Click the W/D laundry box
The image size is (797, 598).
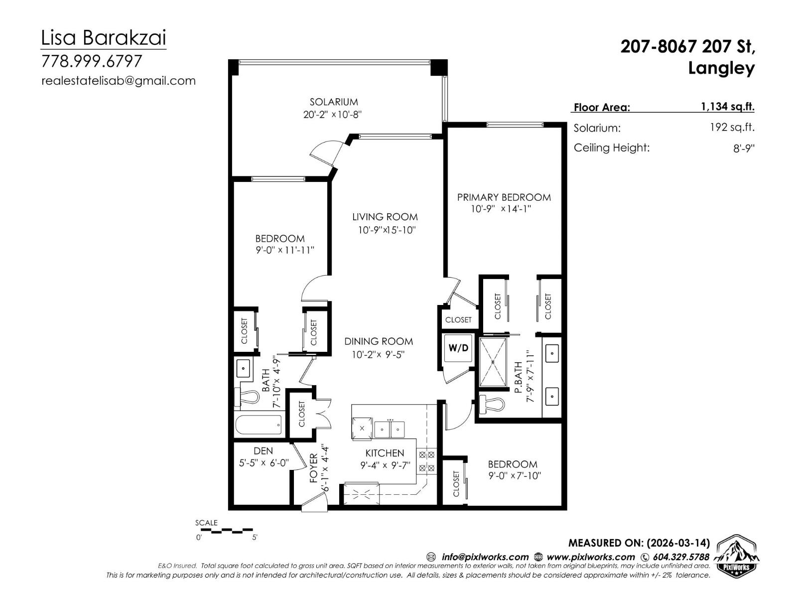458,348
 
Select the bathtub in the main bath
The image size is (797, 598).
259,425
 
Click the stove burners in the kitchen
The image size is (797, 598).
426,461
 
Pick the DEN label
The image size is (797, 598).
263,450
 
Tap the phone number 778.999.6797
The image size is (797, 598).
92,61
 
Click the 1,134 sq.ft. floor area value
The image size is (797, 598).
727,106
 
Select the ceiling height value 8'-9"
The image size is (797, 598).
744,148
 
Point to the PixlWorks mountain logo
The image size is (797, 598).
737,556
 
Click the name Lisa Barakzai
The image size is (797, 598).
103,38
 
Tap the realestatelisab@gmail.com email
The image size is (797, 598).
119,81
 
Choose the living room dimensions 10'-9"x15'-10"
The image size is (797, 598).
386,230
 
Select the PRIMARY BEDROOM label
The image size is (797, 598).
504,197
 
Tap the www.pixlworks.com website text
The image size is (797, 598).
590,557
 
